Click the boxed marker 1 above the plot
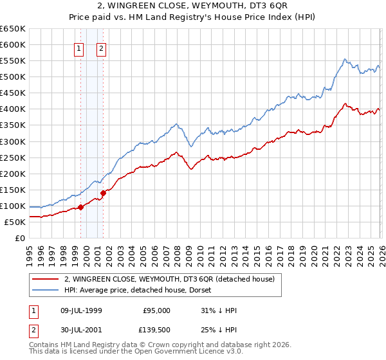tap(78, 48)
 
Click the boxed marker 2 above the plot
tap(102, 48)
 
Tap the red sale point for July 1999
tap(81, 207)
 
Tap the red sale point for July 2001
tap(103, 192)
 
